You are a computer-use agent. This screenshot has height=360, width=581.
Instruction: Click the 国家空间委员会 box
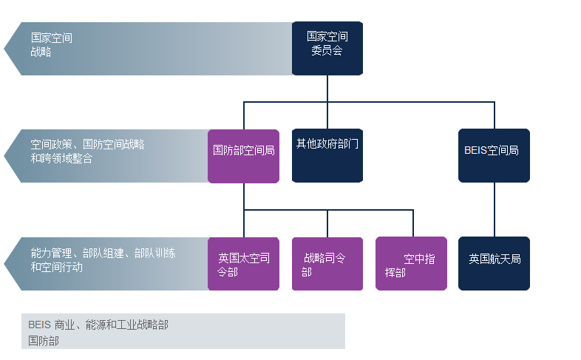click(x=327, y=48)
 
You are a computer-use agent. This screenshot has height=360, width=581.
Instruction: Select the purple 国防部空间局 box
click(x=243, y=156)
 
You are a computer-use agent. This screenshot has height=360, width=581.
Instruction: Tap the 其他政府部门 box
click(x=327, y=156)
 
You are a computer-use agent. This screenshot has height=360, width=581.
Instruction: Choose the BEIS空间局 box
click(x=494, y=156)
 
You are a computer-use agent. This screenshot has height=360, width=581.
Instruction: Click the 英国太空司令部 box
click(x=243, y=264)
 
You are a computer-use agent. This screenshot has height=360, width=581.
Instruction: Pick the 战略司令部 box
click(x=327, y=264)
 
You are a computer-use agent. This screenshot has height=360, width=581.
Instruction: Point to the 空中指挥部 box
click(x=411, y=264)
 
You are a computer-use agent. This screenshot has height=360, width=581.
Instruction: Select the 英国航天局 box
click(x=494, y=264)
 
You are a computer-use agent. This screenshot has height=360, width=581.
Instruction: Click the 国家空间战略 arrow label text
click(x=51, y=44)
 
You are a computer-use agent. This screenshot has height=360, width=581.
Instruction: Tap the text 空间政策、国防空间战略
click(x=87, y=145)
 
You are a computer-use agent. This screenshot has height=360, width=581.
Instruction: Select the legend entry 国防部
click(x=44, y=341)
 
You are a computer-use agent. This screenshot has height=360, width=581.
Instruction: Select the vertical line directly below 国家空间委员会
click(x=327, y=88)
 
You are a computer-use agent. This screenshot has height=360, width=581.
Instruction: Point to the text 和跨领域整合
click(x=61, y=158)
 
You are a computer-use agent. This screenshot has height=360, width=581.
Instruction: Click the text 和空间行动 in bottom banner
click(x=56, y=267)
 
